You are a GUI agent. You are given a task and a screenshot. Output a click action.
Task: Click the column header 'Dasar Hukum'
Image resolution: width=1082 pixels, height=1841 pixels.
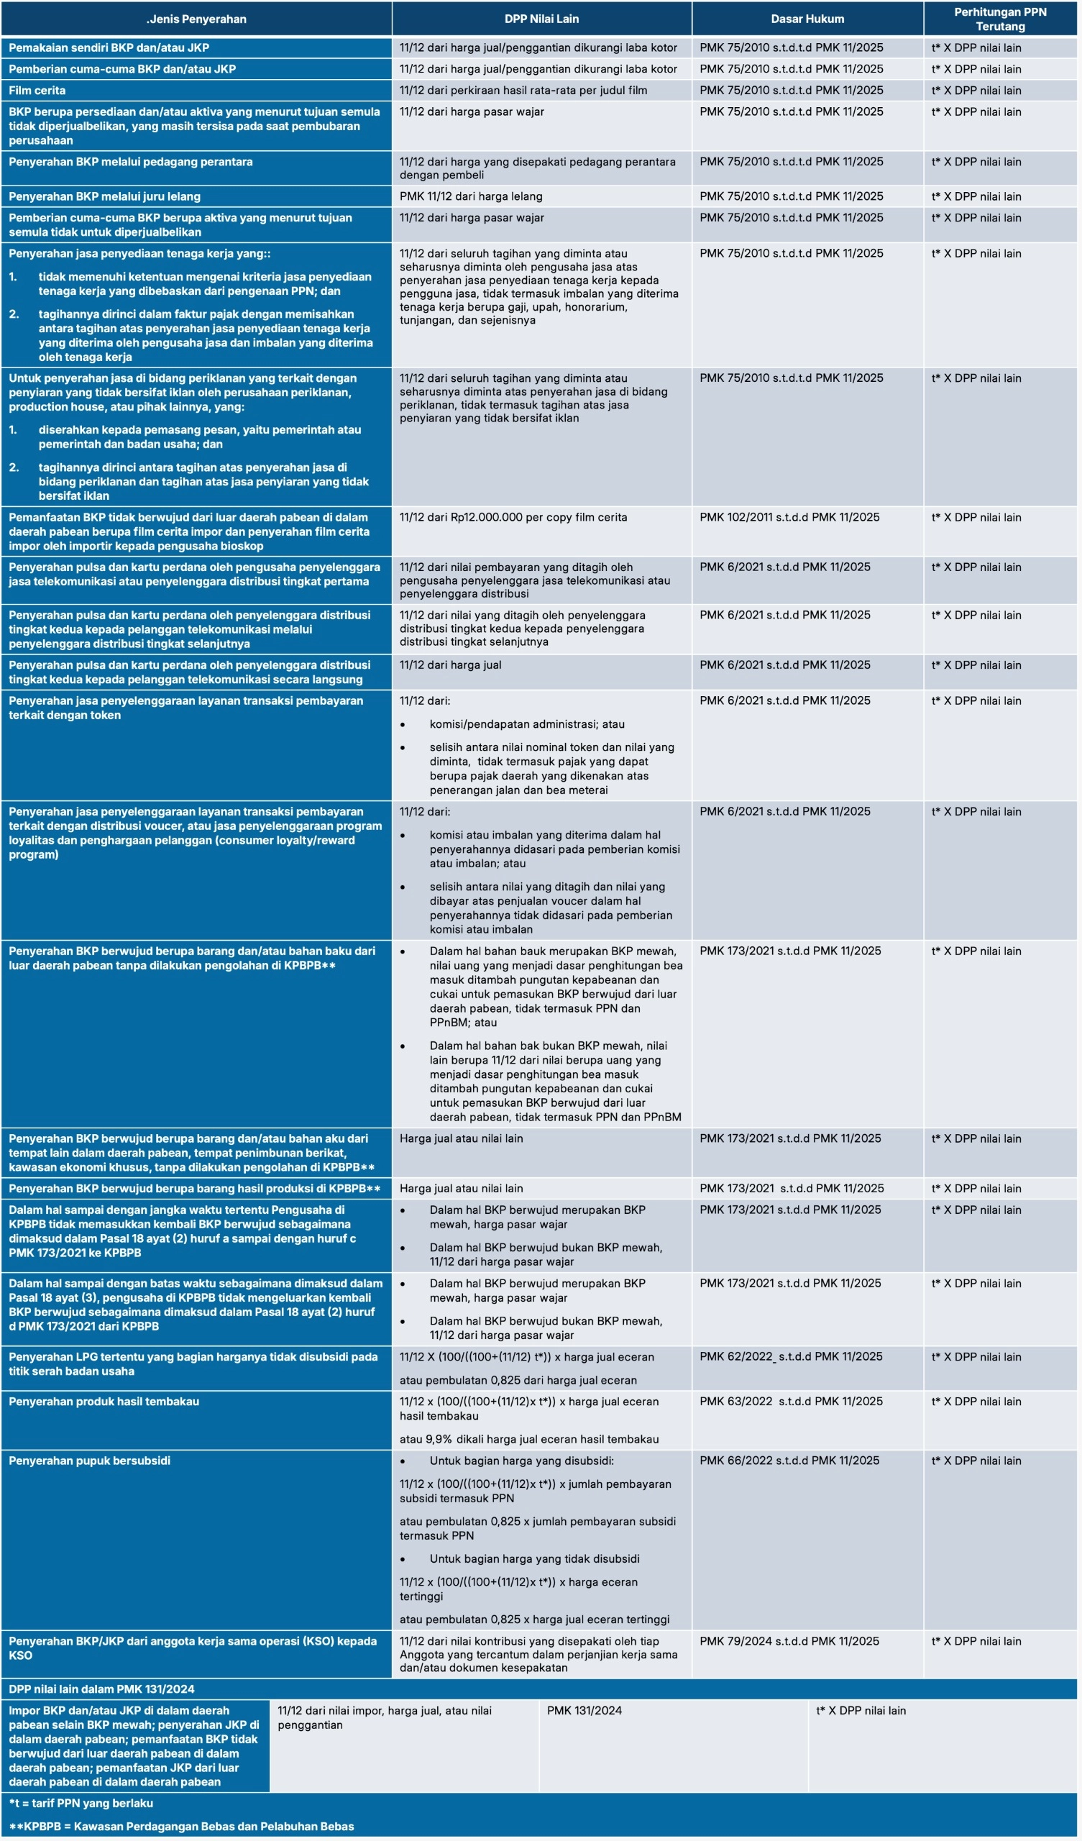point(807,19)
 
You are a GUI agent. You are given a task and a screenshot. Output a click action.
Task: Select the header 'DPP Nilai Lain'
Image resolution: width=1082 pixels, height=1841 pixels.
point(541,19)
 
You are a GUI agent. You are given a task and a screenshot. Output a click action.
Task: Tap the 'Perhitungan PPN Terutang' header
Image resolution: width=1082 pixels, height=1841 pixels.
point(999,19)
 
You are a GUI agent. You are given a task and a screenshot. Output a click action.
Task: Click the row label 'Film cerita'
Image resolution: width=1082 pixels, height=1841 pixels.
point(37,91)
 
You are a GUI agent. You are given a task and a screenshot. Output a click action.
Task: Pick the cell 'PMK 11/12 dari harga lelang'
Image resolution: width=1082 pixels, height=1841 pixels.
point(470,196)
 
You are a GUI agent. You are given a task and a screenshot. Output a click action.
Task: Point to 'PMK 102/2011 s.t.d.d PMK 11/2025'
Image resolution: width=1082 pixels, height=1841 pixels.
point(789,517)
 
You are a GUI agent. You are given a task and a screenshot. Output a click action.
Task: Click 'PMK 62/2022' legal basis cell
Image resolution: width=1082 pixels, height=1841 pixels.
point(791,1356)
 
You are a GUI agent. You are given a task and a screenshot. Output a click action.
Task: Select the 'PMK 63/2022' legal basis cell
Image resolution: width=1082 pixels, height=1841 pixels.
point(791,1401)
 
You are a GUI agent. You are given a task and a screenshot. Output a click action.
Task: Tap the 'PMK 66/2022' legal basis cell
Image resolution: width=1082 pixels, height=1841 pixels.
point(789,1461)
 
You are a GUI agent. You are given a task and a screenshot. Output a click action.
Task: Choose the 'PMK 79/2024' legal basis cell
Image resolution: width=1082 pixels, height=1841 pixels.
point(789,1641)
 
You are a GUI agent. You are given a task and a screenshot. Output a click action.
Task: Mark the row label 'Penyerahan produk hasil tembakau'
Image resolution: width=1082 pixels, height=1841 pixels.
point(104,1401)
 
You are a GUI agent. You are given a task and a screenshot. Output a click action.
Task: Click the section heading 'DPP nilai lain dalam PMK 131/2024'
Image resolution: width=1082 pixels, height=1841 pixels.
point(101,1689)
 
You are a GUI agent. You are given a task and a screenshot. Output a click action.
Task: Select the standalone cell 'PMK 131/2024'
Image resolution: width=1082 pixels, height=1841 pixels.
point(584,1710)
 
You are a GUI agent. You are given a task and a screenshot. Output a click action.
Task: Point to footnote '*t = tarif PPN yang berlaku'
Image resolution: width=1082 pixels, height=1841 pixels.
point(81,1803)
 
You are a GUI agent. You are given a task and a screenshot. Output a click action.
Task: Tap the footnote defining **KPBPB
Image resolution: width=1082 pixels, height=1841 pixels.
point(181,1827)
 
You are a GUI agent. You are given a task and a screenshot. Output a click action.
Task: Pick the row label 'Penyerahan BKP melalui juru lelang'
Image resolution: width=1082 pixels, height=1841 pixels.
point(104,196)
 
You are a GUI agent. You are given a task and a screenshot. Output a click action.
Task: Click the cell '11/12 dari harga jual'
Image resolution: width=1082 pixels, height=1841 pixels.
point(450,664)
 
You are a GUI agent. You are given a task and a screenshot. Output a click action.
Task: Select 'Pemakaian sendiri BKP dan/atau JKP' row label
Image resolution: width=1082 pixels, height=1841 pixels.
point(109,48)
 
